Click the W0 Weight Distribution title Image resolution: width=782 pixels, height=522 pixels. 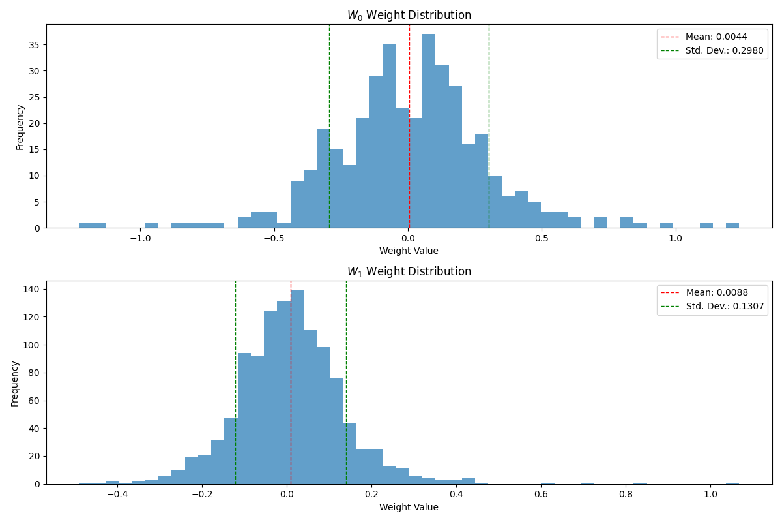pos(409,15)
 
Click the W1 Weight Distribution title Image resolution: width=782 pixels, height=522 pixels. pos(409,271)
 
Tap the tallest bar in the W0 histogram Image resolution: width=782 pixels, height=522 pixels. pos(429,130)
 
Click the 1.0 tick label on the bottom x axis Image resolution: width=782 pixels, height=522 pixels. pos(710,495)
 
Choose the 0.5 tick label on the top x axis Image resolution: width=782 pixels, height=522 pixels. pos(542,238)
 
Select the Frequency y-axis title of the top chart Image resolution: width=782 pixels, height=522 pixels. pos(20,127)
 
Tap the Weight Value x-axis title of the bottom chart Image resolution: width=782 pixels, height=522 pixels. pos(409,507)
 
